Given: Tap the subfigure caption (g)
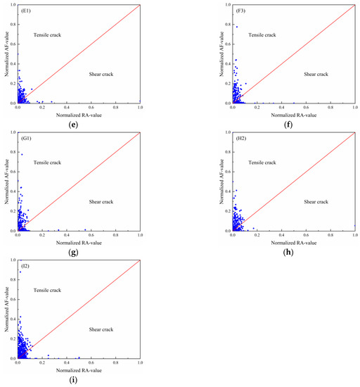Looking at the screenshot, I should tap(73, 251).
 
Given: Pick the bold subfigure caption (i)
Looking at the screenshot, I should tap(73, 380).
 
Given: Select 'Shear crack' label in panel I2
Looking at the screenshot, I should tap(103, 329).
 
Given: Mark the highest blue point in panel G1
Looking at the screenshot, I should tap(22, 154).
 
